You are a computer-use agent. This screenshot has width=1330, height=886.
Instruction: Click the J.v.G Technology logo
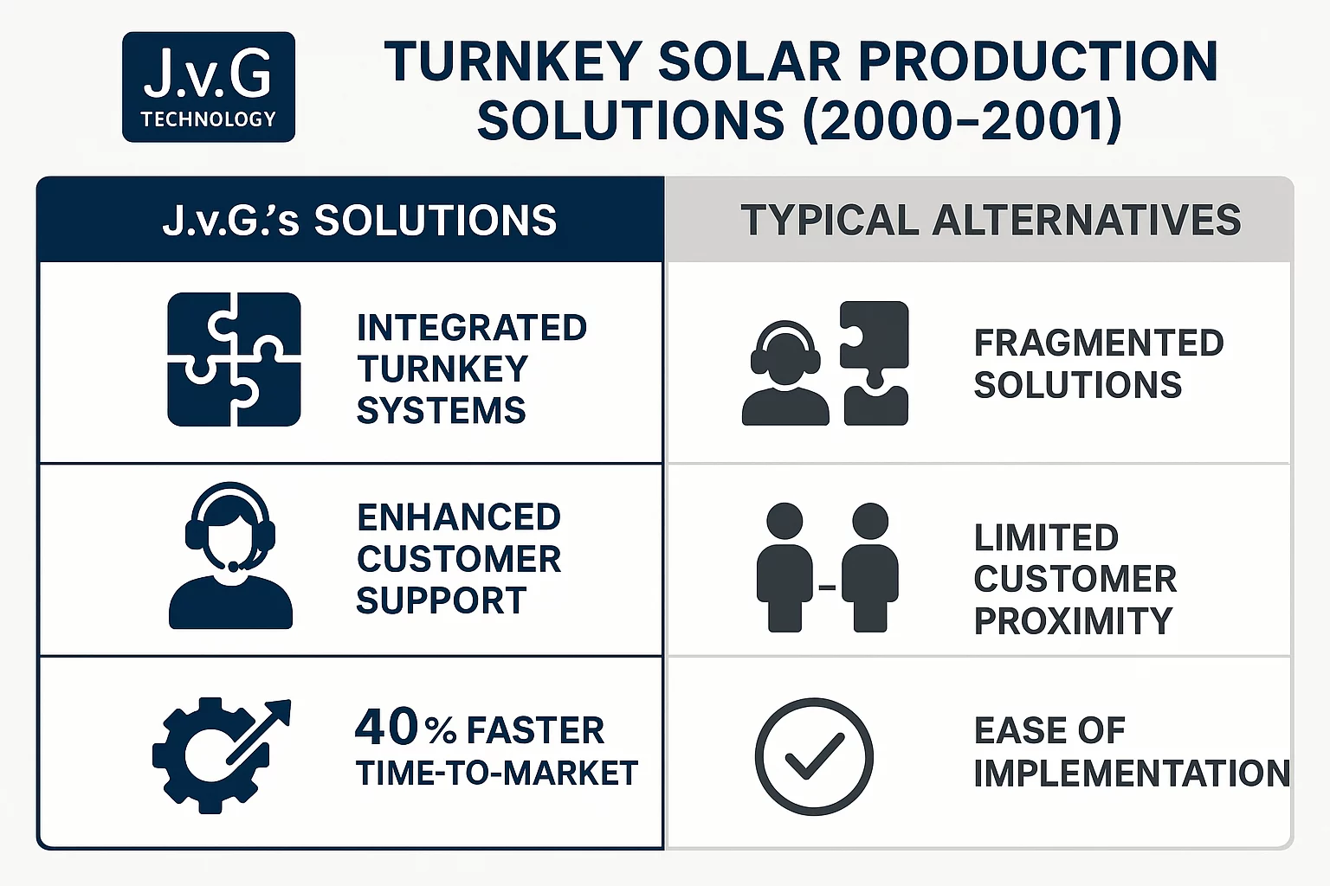pyautogui.click(x=209, y=87)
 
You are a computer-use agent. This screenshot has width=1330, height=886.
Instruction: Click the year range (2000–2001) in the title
pyautogui.click(x=962, y=120)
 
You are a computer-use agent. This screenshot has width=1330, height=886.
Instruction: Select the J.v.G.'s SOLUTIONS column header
pyautogui.click(x=359, y=220)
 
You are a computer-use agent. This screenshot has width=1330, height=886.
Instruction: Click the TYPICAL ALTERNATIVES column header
pyautogui.click(x=991, y=220)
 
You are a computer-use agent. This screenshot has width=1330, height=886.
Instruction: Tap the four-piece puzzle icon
pyautogui.click(x=234, y=359)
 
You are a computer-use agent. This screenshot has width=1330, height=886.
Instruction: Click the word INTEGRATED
pyautogui.click(x=472, y=328)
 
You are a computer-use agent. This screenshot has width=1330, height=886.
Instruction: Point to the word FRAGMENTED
pyautogui.click(x=1099, y=343)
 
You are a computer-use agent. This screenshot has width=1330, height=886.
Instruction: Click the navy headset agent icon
pyautogui.click(x=230, y=555)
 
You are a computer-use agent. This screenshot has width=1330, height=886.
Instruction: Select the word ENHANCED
pyautogui.click(x=459, y=517)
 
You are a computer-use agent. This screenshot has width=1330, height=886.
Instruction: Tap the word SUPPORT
pyautogui.click(x=441, y=600)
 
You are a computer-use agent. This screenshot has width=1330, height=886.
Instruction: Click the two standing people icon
pyautogui.click(x=828, y=568)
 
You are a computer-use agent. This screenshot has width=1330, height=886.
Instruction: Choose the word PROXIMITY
pyautogui.click(x=1074, y=620)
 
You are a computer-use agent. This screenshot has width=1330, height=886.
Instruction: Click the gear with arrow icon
pyautogui.click(x=222, y=754)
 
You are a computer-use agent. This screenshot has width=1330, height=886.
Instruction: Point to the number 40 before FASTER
pyautogui.click(x=386, y=727)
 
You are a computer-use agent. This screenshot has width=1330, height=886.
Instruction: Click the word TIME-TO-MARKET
pyautogui.click(x=497, y=773)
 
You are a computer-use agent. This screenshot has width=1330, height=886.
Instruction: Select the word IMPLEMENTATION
pyautogui.click(x=1132, y=773)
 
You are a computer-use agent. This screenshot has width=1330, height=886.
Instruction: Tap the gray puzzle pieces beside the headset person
pyautogui.click(x=875, y=363)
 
